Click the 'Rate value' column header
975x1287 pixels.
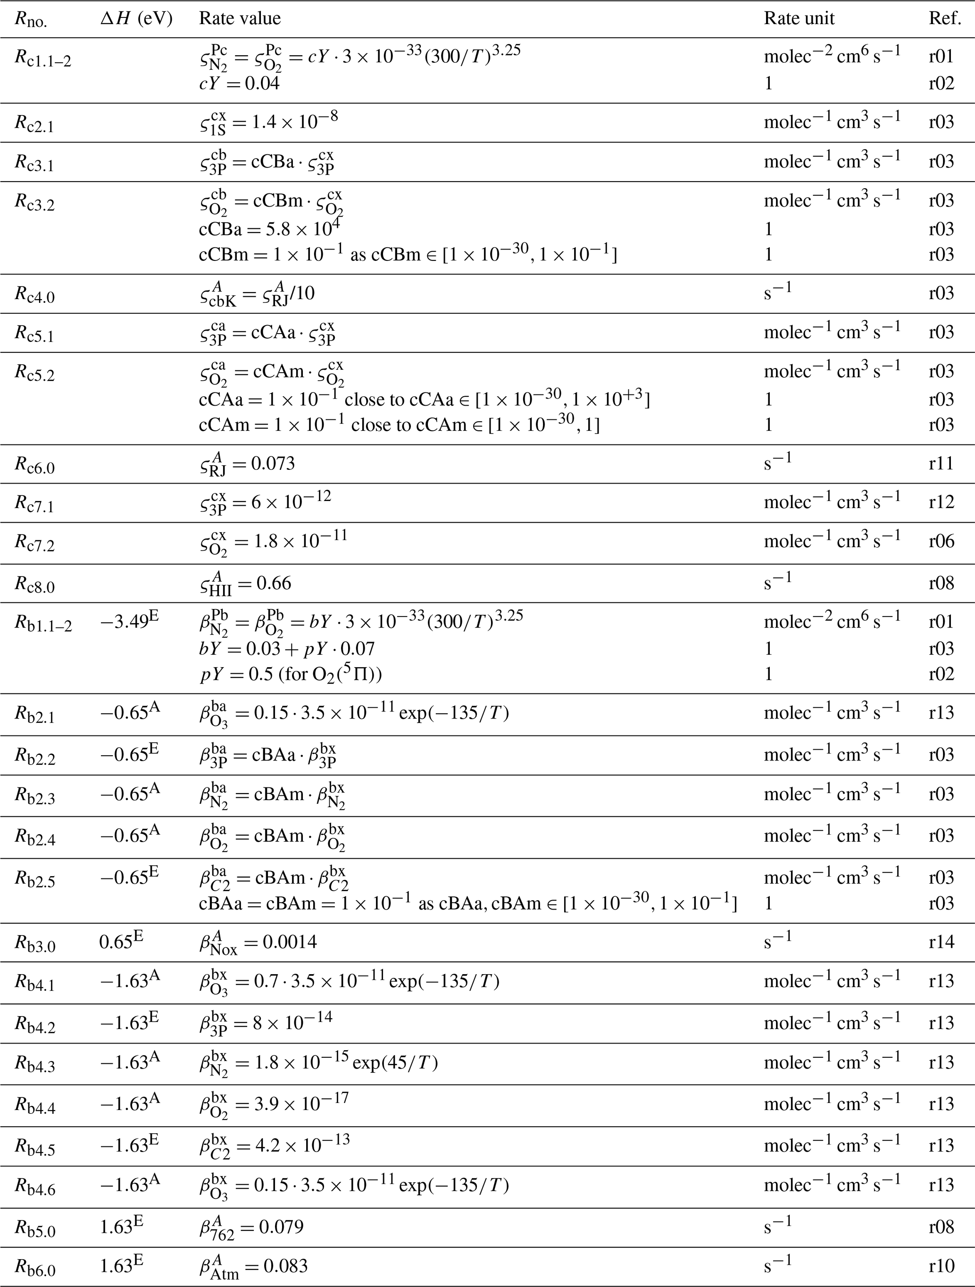pyautogui.click(x=240, y=18)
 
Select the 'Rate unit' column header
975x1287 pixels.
pyautogui.click(x=799, y=18)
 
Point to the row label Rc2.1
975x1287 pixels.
pyautogui.click(x=34, y=123)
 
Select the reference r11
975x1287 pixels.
pyautogui.click(x=941, y=464)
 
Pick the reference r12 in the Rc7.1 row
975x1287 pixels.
pyautogui.click(x=941, y=501)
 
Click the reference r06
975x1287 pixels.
pyautogui.click(x=941, y=541)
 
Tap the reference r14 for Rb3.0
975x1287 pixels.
pyautogui.click(x=941, y=942)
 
